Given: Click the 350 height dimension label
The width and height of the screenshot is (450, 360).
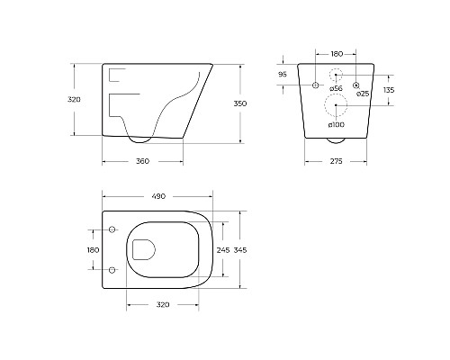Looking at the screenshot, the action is [x=240, y=103].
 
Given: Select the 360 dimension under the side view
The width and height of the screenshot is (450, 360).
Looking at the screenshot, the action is [x=142, y=161].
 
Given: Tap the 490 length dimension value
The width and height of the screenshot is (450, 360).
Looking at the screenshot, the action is [x=158, y=196].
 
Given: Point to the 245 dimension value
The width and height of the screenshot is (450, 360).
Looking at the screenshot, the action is [x=223, y=250].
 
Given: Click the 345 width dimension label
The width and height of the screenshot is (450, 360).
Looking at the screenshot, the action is [x=240, y=250].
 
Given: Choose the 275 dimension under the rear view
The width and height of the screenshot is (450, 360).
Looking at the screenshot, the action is [x=336, y=161].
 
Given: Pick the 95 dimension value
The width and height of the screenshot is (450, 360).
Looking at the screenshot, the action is [x=283, y=75].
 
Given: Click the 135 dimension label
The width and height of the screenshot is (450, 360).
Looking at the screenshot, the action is [x=389, y=90].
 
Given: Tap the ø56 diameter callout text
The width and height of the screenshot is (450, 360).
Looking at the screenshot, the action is [x=336, y=88].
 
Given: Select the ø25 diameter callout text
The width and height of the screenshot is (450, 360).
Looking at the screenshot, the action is [x=363, y=94].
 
